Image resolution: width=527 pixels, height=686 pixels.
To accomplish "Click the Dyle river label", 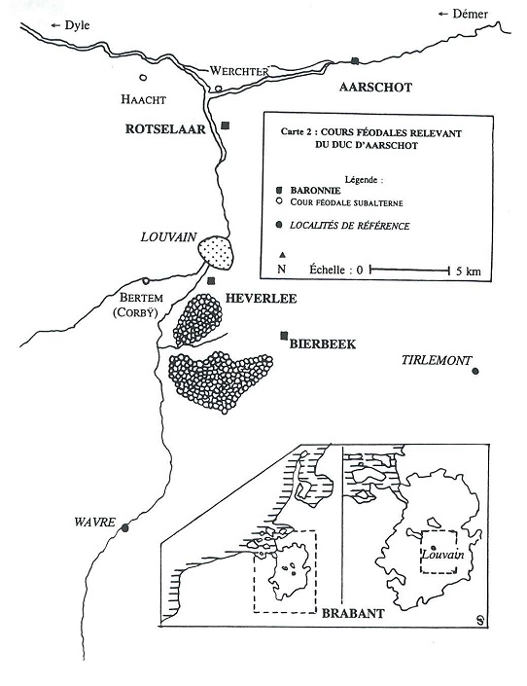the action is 77,25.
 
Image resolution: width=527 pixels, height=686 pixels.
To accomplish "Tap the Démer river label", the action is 471,14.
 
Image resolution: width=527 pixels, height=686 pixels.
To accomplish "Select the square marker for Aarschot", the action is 355,60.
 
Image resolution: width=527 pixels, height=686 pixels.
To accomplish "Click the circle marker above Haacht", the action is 143,78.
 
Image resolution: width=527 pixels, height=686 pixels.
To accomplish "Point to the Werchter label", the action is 239,71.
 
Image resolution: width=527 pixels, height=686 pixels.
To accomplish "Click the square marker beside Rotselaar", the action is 226,126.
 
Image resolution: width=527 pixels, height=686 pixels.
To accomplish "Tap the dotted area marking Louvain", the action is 216,253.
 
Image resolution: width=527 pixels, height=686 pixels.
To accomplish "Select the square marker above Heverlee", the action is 211,281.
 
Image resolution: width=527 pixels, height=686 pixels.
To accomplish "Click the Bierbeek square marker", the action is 285,336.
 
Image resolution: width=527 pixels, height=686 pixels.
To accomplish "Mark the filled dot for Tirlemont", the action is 475,372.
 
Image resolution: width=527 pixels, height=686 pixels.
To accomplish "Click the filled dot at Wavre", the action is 125,527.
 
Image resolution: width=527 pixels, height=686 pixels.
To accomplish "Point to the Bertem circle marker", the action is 146,281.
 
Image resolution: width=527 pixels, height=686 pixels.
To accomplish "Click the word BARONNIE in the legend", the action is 315,191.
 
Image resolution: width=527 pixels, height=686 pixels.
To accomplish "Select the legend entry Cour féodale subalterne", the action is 346,203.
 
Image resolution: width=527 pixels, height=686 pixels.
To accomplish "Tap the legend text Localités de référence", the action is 350,226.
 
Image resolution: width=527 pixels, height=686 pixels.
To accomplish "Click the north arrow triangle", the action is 283,255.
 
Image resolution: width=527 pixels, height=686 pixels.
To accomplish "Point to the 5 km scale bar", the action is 409,270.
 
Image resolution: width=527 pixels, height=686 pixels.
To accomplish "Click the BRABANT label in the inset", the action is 353,613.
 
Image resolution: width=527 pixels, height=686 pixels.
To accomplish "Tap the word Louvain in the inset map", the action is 442,555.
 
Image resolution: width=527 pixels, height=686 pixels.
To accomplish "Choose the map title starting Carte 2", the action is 370,139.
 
